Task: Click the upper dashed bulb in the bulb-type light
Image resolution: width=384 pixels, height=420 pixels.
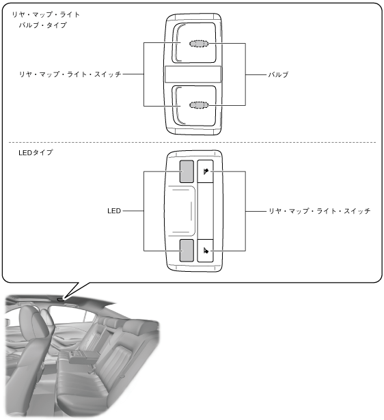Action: click(x=199, y=44)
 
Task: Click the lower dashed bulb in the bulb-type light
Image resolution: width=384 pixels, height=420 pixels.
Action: click(x=199, y=105)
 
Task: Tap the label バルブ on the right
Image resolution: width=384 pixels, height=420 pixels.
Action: click(x=278, y=74)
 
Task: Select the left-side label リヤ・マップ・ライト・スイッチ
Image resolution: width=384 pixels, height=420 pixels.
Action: click(x=70, y=74)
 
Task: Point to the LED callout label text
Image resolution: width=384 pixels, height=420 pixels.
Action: click(x=114, y=211)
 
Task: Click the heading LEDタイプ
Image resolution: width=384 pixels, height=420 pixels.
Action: click(x=36, y=153)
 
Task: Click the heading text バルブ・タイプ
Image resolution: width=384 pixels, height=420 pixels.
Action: click(x=43, y=25)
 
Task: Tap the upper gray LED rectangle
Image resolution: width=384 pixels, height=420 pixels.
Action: click(x=187, y=171)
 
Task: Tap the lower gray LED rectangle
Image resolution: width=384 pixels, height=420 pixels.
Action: click(x=187, y=251)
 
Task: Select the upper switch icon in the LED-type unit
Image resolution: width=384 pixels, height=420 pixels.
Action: click(x=206, y=171)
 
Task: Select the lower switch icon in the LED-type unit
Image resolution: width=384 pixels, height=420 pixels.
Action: click(x=206, y=251)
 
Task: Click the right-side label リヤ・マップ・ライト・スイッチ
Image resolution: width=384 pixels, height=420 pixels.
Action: click(x=319, y=211)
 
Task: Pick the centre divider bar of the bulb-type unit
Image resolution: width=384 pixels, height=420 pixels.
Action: click(x=193, y=74)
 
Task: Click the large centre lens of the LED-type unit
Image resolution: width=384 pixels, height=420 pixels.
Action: click(x=180, y=211)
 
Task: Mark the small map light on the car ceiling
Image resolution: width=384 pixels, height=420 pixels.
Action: click(x=61, y=300)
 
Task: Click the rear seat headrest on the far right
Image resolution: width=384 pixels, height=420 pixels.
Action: click(x=137, y=327)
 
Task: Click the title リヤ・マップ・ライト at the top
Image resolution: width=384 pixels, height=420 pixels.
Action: click(x=46, y=14)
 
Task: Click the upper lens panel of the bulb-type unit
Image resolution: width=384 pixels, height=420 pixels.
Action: click(x=194, y=43)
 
